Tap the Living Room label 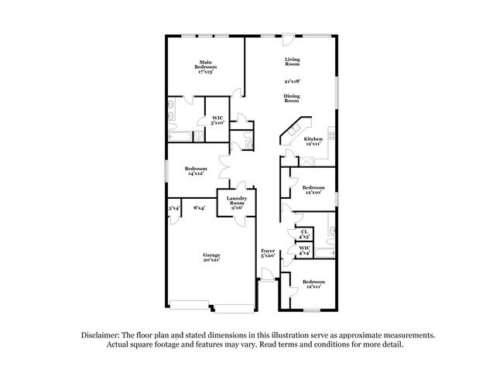[x=292, y=61]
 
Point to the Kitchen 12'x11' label [x=313, y=141]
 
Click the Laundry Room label [x=236, y=203]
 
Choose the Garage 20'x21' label [x=211, y=258]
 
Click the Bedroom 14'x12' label [x=195, y=171]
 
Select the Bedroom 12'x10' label [x=313, y=190]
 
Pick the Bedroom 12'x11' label [x=313, y=283]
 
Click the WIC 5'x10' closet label [x=217, y=120]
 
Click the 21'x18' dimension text [x=292, y=80]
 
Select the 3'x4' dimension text [x=173, y=207]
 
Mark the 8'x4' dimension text [x=199, y=207]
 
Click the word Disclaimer [x=101, y=335]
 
